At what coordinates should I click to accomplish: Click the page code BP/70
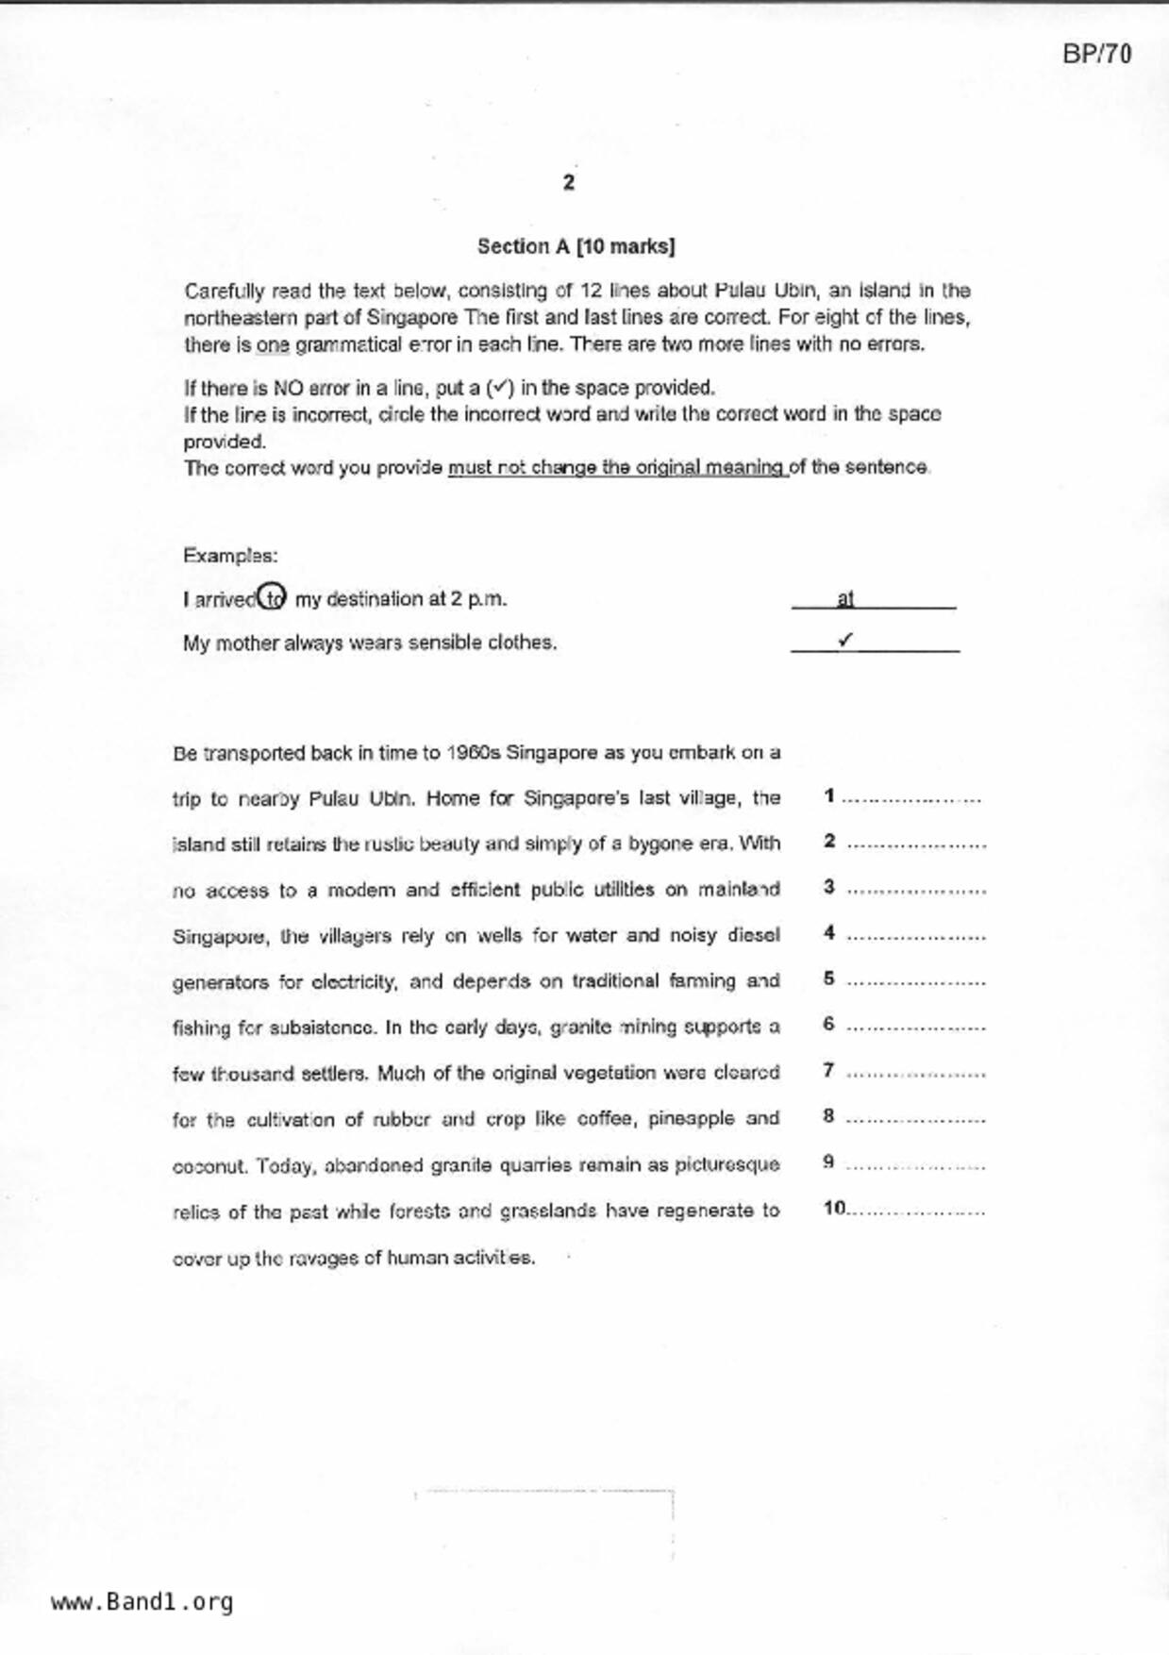[x=1096, y=54]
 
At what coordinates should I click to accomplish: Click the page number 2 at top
[x=568, y=183]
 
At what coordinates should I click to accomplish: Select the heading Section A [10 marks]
[x=576, y=246]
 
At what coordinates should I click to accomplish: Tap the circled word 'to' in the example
[x=272, y=597]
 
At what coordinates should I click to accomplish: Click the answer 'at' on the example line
[x=844, y=598]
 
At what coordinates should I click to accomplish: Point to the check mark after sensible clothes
[x=845, y=640]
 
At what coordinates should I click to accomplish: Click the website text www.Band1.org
[x=142, y=1601]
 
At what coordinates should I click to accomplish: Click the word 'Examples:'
[x=230, y=555]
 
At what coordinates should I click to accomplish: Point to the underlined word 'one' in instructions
[x=273, y=344]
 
